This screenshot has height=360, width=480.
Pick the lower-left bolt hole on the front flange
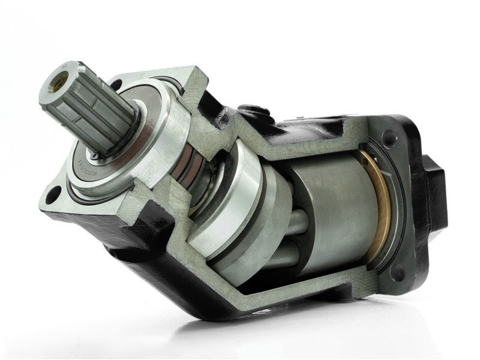coord(53,194)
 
